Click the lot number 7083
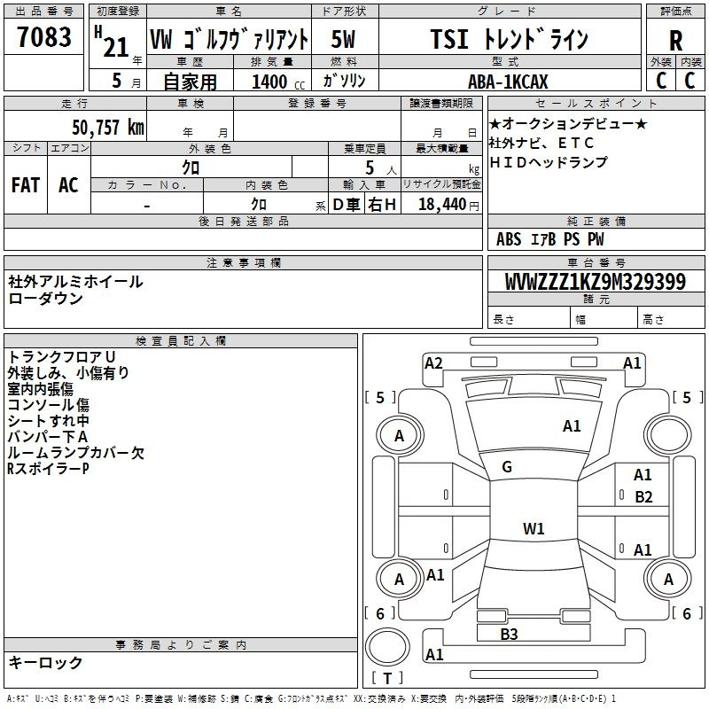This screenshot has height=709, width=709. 43,37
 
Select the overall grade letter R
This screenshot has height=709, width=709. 675,41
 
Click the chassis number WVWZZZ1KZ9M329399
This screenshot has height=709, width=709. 595,283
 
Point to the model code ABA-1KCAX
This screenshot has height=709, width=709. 509,82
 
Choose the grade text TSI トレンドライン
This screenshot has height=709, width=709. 508,40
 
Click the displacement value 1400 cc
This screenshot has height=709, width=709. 272,82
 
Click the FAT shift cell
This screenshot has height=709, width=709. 25,184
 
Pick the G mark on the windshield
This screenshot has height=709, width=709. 507,466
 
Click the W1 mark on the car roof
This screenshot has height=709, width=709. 534,529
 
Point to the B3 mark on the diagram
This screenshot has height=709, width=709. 509,634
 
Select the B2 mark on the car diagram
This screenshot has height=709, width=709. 643,497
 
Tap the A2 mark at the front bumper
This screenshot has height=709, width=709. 433,362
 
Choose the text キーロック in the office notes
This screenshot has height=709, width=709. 45,663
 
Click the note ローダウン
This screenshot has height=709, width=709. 45,299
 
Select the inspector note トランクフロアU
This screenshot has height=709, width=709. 61,356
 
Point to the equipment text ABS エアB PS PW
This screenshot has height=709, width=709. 549,239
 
